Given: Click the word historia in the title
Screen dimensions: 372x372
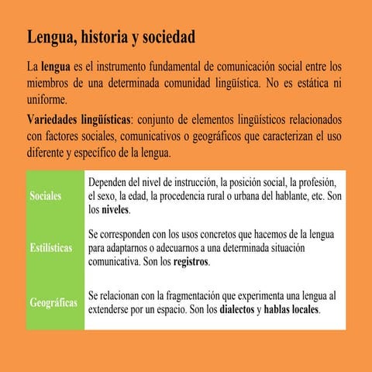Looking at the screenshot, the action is (106, 37).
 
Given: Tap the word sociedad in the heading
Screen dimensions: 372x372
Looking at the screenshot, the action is (168, 37).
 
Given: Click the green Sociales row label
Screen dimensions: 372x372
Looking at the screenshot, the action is (45, 196).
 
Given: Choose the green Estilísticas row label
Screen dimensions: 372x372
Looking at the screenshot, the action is (51, 248).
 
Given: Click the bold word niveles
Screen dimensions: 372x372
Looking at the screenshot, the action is (115, 210).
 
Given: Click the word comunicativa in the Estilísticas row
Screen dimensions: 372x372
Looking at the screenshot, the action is (114, 263).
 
